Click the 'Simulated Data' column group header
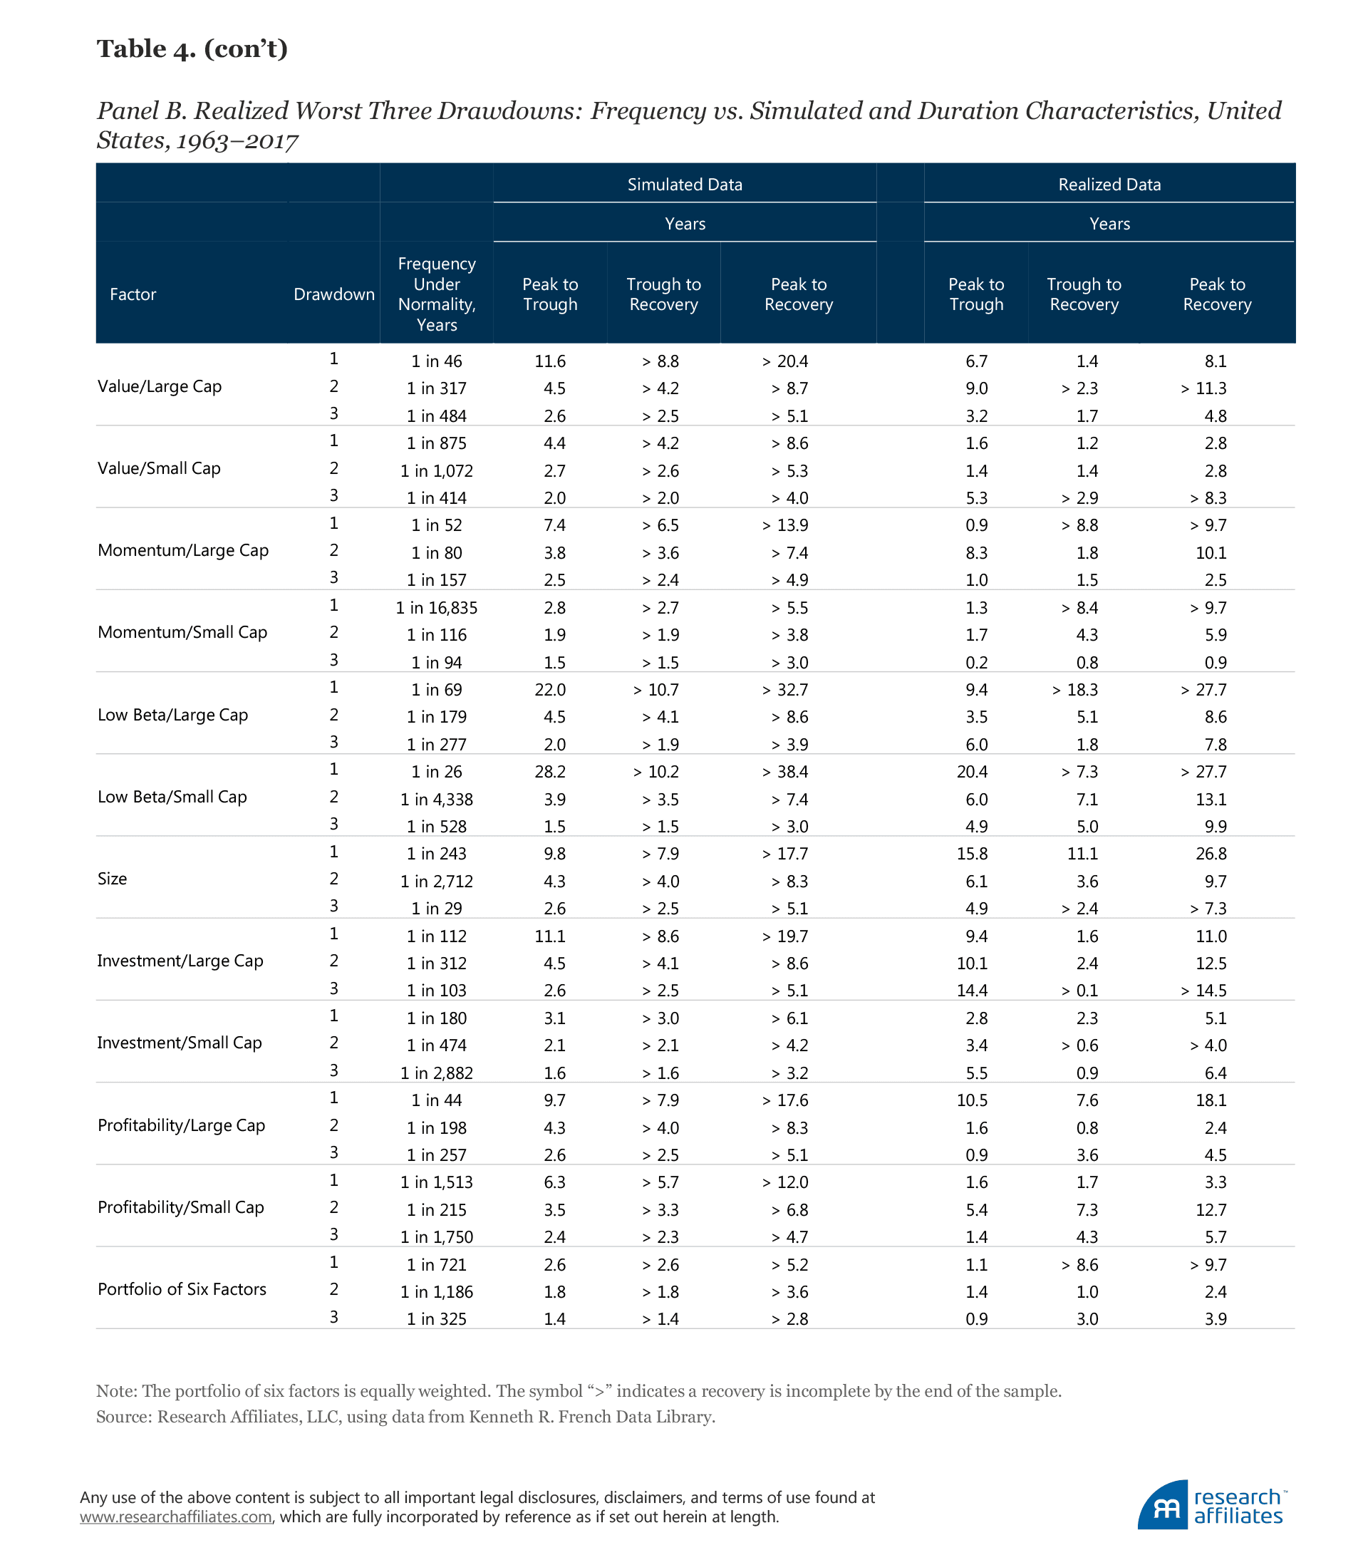point(684,185)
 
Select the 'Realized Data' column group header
point(1109,185)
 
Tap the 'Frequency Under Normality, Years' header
point(436,294)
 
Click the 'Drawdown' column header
point(333,294)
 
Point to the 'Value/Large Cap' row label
point(160,387)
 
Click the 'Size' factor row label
point(113,879)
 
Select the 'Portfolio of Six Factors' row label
point(182,1289)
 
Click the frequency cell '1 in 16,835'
point(436,607)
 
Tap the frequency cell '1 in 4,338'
point(436,800)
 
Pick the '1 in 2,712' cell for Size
point(436,881)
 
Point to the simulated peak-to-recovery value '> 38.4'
point(785,772)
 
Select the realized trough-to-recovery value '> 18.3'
point(1074,690)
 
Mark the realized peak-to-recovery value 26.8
point(1211,854)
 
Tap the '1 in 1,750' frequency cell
point(436,1237)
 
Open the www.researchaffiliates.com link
point(176,1517)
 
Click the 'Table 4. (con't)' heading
point(192,48)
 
